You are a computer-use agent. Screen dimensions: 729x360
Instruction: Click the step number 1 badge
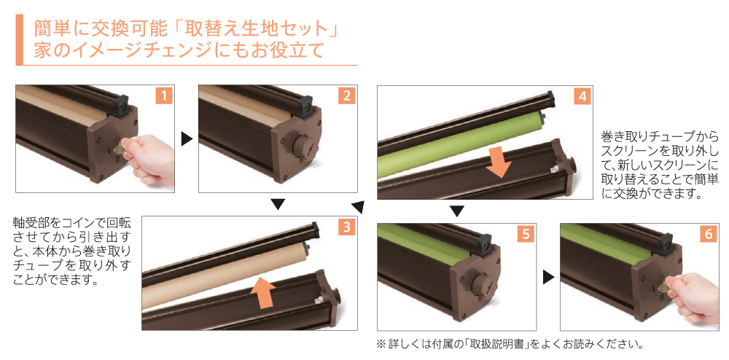pyautogui.click(x=163, y=96)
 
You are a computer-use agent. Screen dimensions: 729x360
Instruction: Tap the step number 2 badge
pyautogui.click(x=346, y=96)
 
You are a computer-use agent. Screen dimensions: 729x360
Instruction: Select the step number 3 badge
pyautogui.click(x=346, y=227)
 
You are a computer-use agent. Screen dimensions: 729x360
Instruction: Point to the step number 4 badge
pyautogui.click(x=582, y=97)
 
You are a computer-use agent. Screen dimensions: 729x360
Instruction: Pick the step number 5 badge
pyautogui.click(x=526, y=235)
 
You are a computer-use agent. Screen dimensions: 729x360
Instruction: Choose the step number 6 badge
pyautogui.click(x=708, y=235)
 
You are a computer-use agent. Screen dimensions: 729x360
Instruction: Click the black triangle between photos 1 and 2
pyautogui.click(x=187, y=139)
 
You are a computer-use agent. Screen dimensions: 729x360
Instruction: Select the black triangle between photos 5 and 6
pyautogui.click(x=549, y=278)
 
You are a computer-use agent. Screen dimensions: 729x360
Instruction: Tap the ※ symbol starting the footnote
pyautogui.click(x=381, y=344)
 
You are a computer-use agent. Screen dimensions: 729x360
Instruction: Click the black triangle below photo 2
pyautogui.click(x=278, y=205)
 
